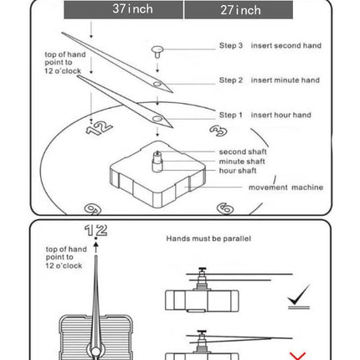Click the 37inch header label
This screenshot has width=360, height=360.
click(x=132, y=8)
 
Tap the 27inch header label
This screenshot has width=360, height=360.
click(x=240, y=10)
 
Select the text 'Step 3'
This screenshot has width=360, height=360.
click(x=231, y=45)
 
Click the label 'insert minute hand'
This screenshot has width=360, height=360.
click(x=285, y=80)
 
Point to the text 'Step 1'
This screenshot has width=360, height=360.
click(x=231, y=115)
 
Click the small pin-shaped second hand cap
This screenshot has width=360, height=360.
click(x=157, y=52)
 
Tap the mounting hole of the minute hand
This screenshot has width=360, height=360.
click(x=157, y=84)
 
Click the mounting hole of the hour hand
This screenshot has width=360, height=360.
click(x=157, y=119)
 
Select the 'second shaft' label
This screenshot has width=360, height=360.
click(x=243, y=152)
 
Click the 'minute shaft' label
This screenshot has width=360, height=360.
click(x=242, y=162)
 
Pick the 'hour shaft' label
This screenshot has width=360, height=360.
click(x=238, y=171)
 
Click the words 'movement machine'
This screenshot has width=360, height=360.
click(x=285, y=188)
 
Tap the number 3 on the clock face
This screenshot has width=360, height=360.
click(x=219, y=131)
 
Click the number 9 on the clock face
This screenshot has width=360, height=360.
click(x=93, y=209)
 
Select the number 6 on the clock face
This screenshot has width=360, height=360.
click(x=225, y=208)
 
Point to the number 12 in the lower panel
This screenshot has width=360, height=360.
click(x=95, y=230)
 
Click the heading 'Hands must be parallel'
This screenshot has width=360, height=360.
click(x=208, y=239)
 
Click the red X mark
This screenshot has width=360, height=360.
click(x=297, y=357)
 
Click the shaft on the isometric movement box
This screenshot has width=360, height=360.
click(x=157, y=162)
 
